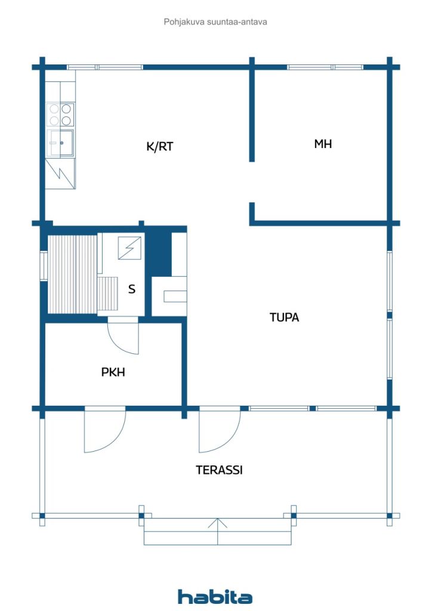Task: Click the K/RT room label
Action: pos(160,147)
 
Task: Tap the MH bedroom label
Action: pos(323,144)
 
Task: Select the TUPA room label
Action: pos(285,317)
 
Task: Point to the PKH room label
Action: pos(113,372)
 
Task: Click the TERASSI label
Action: pos(220,470)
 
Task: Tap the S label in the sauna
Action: pos(132,289)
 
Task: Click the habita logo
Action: pos(215,597)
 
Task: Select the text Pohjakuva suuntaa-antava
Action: pos(215,22)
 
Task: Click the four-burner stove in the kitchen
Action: pos(60,115)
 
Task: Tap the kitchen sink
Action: pos(60,143)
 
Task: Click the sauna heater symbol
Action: pos(129,248)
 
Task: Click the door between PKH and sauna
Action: pos(123,335)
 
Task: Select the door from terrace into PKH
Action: pos(105,429)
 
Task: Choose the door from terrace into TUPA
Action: pos(220,429)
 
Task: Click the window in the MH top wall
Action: pos(325,67)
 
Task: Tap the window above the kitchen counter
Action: pos(105,67)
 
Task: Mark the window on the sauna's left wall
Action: pos(44,266)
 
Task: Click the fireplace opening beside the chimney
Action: pos(175,296)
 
